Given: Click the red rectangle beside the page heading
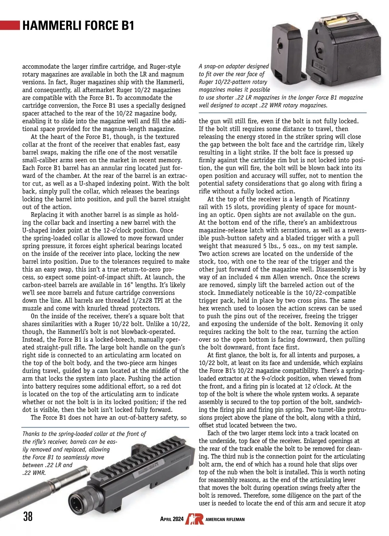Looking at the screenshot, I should (10, 25).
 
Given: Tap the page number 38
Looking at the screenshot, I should (28, 516).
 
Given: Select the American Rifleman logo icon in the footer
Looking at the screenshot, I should (194, 519).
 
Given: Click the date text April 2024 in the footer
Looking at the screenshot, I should (172, 519).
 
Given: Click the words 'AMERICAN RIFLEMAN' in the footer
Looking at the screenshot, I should (225, 519).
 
